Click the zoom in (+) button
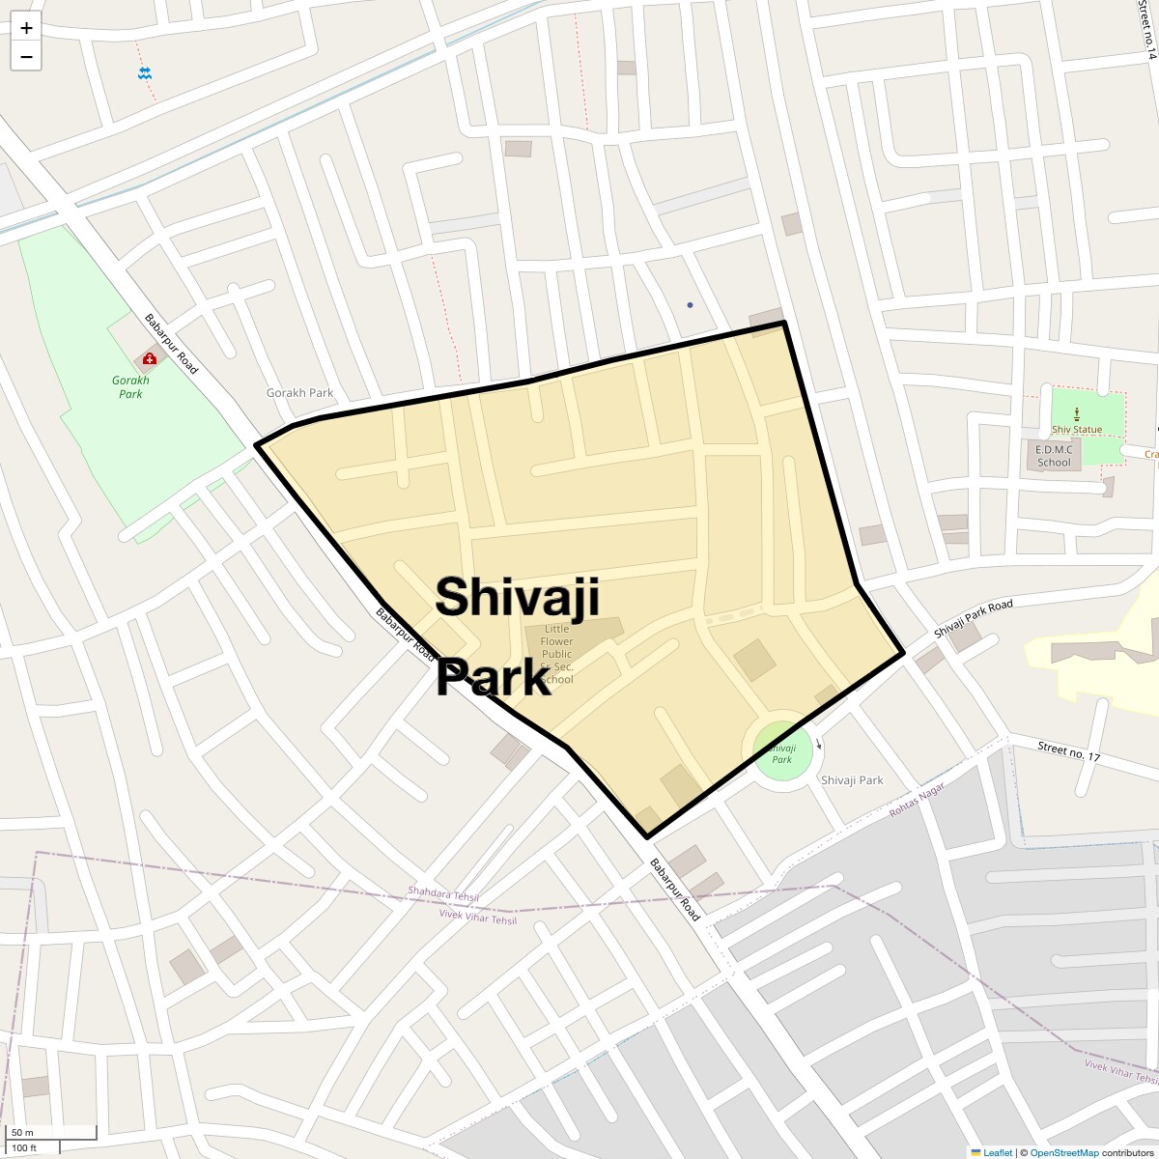(x=26, y=28)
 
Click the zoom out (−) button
(x=26, y=57)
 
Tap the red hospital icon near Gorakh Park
(x=150, y=358)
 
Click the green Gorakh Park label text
(x=130, y=387)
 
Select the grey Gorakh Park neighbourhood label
(x=299, y=393)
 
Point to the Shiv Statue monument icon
(x=1077, y=413)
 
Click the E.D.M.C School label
(x=1054, y=456)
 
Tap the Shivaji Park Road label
(x=974, y=618)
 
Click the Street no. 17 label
(x=1068, y=750)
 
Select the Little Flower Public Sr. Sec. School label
(x=557, y=654)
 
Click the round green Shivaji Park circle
(x=781, y=750)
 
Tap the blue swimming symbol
(x=145, y=73)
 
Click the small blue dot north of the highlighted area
(x=690, y=305)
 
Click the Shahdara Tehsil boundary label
(x=443, y=895)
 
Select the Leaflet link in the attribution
(x=998, y=1152)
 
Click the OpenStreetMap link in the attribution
(x=1063, y=1152)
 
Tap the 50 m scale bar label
(x=22, y=1132)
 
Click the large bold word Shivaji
(x=518, y=596)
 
